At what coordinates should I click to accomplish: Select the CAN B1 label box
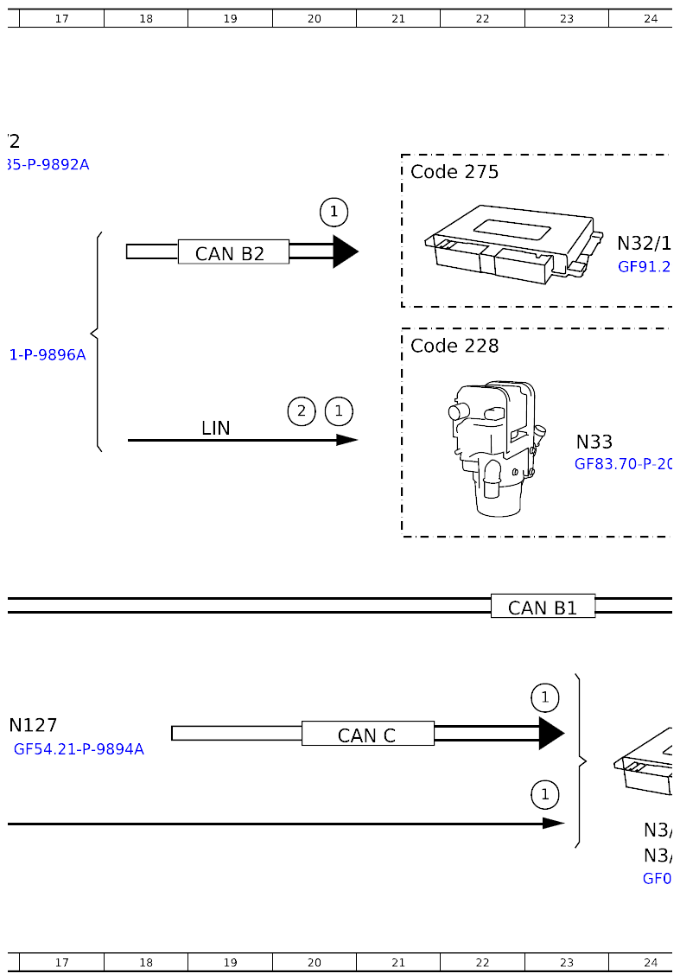point(543,607)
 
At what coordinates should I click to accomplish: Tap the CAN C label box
point(367,734)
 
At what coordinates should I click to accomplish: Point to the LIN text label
point(216,428)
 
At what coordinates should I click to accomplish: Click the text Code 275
point(454,172)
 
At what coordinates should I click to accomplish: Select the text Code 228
point(454,346)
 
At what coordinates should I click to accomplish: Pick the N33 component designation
point(594,442)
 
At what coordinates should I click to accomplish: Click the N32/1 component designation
point(644,243)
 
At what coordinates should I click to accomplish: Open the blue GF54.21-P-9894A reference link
point(79,749)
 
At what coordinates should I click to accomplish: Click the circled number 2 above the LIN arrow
point(301,411)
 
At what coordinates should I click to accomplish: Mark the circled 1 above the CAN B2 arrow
point(334,211)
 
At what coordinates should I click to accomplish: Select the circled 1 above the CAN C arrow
point(544,697)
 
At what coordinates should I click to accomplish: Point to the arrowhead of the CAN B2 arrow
point(345,251)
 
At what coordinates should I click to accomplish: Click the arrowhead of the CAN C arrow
point(551,734)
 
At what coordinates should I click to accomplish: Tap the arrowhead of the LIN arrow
point(347,440)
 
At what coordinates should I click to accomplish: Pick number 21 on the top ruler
point(398,18)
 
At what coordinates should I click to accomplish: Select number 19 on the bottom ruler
point(230,962)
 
